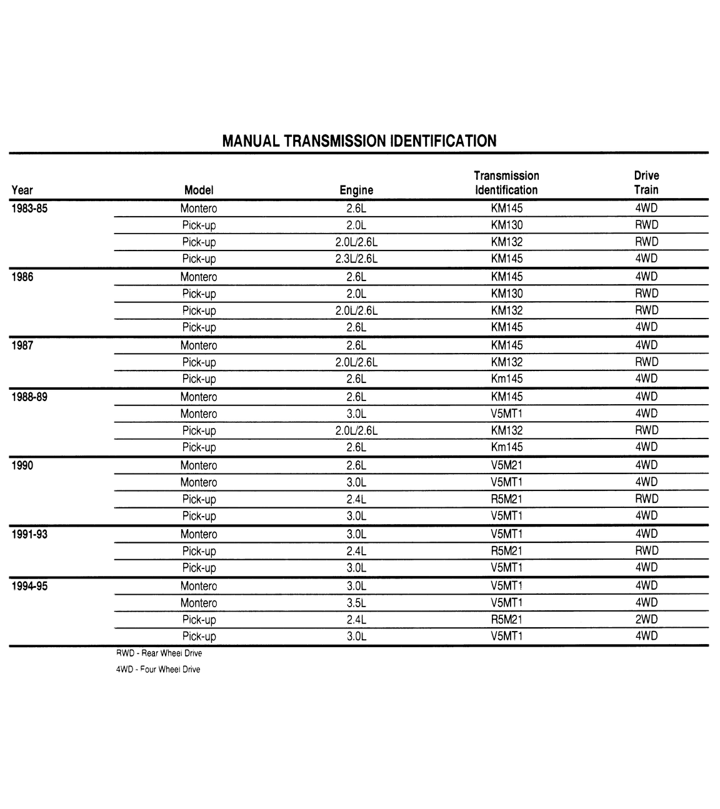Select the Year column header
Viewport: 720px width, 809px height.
pyautogui.click(x=22, y=190)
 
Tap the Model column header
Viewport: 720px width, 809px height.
pyautogui.click(x=199, y=190)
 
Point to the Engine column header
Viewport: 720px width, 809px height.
pyautogui.click(x=356, y=190)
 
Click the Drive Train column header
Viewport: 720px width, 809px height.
pyautogui.click(x=646, y=182)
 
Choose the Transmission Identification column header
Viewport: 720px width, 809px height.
pyautogui.click(x=506, y=182)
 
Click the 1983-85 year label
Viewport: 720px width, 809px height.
pyautogui.click(x=29, y=209)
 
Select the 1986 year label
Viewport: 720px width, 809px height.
pyautogui.click(x=22, y=277)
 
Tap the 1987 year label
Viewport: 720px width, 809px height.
pyautogui.click(x=22, y=345)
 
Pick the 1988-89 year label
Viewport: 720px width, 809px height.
pyautogui.click(x=29, y=397)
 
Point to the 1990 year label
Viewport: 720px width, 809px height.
pyautogui.click(x=22, y=465)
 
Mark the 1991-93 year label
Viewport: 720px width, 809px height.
pyautogui.click(x=29, y=534)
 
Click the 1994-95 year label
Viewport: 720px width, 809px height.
pyautogui.click(x=29, y=586)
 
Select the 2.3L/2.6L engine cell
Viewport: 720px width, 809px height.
pyautogui.click(x=356, y=259)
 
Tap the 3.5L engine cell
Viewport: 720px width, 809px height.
pyautogui.click(x=356, y=603)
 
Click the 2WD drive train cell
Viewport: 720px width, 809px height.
pyautogui.click(x=646, y=620)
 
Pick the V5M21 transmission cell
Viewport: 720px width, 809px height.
pyautogui.click(x=506, y=465)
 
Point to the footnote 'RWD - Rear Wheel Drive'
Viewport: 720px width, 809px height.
pyautogui.click(x=159, y=653)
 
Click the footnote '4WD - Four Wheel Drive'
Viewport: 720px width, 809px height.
pyautogui.click(x=158, y=670)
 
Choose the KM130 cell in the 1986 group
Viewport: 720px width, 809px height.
pyautogui.click(x=506, y=294)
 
